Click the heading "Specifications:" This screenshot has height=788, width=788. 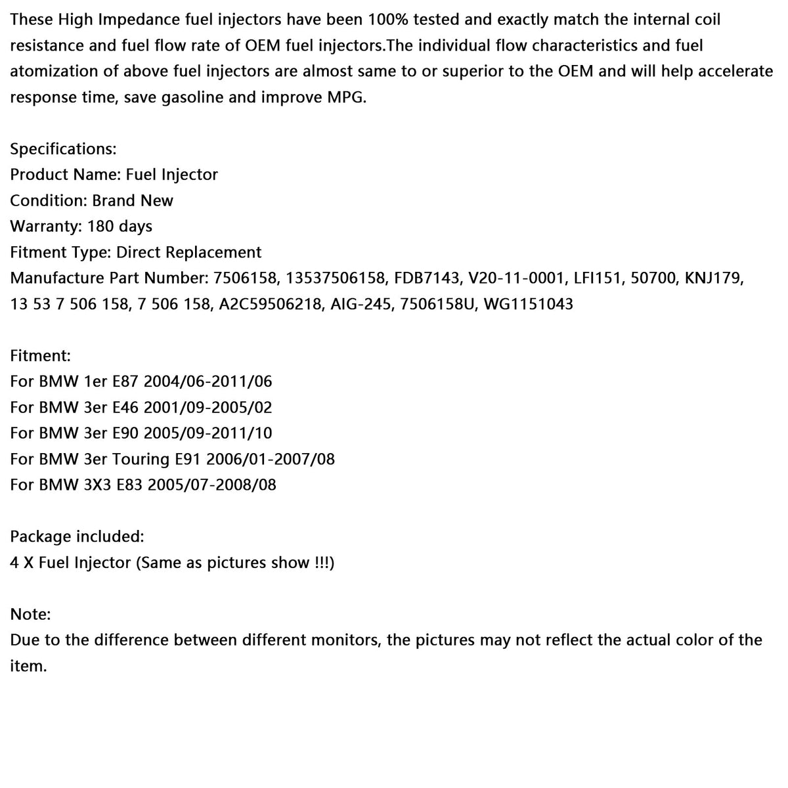[63, 149]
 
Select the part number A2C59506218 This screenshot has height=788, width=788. [269, 304]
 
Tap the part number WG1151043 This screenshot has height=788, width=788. [528, 304]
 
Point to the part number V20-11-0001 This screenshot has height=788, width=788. [515, 278]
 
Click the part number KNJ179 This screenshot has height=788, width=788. [714, 278]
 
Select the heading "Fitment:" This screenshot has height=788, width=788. [41, 356]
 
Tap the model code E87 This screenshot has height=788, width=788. [125, 382]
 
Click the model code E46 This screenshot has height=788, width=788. [125, 407]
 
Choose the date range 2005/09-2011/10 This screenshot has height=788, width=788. [208, 433]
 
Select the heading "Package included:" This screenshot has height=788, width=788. [77, 536]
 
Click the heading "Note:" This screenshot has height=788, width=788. [30, 614]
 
